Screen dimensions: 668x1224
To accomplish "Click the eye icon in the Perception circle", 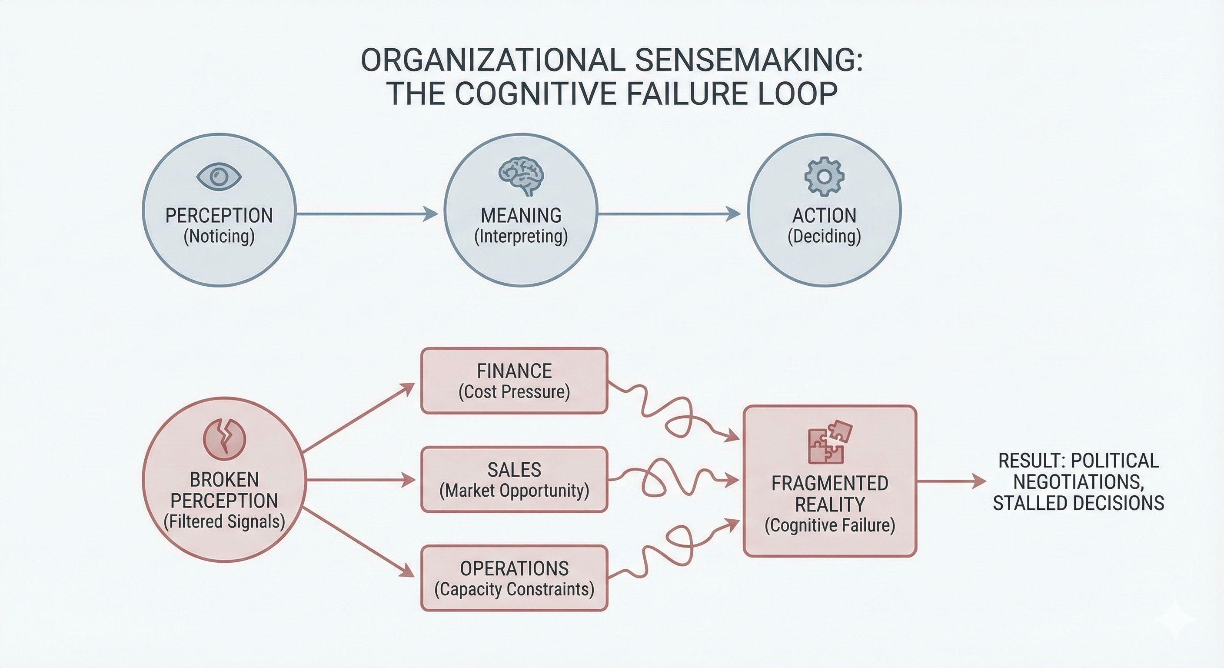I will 219,177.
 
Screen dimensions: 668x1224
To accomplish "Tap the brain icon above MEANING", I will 521,177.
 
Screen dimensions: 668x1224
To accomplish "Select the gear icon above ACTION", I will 824,177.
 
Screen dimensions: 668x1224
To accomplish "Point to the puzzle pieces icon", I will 829,443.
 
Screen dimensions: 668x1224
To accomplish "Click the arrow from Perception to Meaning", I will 366,214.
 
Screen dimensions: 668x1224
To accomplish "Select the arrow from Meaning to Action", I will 668,214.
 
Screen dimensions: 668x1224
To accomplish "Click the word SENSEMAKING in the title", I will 748,60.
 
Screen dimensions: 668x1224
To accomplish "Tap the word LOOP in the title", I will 802,94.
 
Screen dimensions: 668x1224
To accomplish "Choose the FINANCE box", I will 514,381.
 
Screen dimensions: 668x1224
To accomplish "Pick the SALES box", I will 514,479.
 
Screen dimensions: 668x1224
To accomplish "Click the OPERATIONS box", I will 514,578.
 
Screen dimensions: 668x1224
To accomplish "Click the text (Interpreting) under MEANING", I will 521,236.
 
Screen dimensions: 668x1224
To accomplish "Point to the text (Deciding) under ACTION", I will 824,236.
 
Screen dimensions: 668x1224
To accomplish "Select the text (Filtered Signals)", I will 224,521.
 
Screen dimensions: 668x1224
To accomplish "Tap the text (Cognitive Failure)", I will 830,525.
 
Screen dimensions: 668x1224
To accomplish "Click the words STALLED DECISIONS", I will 1078,503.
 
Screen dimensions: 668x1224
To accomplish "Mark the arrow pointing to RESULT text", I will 950,481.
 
